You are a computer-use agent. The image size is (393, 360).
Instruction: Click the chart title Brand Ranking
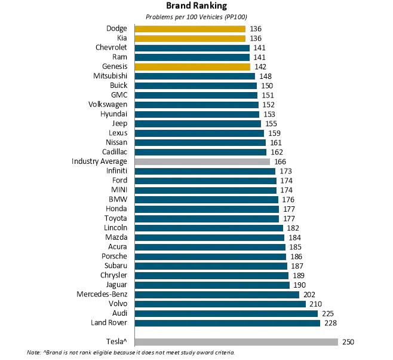(196, 7)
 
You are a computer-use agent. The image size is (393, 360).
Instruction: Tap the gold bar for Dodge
(190, 29)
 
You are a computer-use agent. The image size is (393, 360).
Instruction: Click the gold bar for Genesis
(192, 67)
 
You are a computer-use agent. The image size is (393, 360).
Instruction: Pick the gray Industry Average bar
(202, 161)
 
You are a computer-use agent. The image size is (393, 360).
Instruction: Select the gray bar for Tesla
(237, 342)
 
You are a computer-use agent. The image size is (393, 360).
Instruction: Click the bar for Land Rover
(228, 323)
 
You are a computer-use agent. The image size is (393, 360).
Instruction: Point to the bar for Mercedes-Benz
(217, 294)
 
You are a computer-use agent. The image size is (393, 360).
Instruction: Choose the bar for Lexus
(200, 133)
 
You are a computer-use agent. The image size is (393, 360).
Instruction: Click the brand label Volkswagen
(108, 105)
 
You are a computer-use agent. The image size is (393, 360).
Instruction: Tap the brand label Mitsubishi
(110, 76)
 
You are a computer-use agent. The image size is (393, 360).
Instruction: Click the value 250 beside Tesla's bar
(349, 342)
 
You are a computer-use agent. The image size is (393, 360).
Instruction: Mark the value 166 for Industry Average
(280, 161)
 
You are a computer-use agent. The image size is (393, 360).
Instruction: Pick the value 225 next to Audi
(328, 313)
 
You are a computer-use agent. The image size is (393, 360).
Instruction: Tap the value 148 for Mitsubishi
(265, 76)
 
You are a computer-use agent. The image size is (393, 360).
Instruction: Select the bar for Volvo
(220, 304)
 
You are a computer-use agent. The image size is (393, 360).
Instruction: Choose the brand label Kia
(122, 38)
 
